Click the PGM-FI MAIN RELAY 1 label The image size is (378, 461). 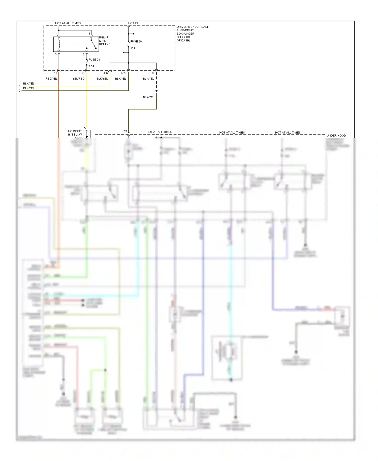click(x=104, y=41)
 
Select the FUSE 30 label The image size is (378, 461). click(x=136, y=41)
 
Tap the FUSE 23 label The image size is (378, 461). click(x=94, y=60)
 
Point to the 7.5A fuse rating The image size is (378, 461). click(x=91, y=66)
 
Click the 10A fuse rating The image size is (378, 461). click(x=133, y=48)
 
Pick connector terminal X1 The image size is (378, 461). click(x=55, y=73)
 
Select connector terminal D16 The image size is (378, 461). click(x=82, y=73)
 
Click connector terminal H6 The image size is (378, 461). click(x=106, y=73)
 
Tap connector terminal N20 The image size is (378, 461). click(x=124, y=73)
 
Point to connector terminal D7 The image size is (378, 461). click(x=152, y=73)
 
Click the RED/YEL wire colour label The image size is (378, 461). click(x=51, y=79)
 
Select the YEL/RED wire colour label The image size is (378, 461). click(x=78, y=79)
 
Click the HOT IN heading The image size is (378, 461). click(x=133, y=23)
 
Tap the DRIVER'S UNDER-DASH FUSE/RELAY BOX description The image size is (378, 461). click(x=193, y=34)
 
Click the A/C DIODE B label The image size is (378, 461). click(x=75, y=133)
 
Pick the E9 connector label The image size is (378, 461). click(x=125, y=131)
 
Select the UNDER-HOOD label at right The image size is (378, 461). click(x=336, y=136)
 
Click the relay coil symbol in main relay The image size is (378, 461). click(x=59, y=44)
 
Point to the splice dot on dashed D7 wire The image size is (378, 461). click(x=156, y=91)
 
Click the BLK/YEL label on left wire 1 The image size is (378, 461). click(x=29, y=83)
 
